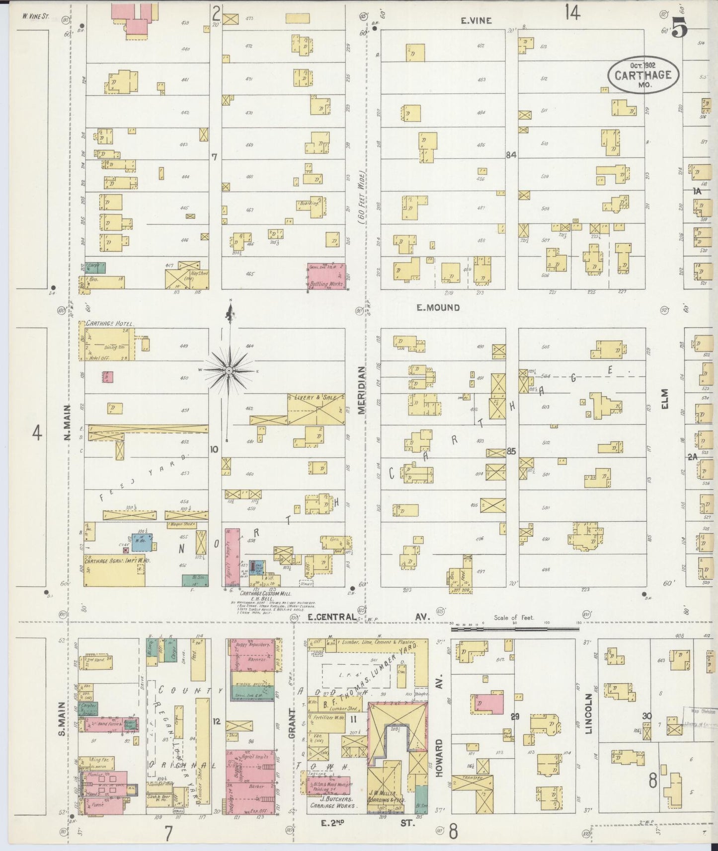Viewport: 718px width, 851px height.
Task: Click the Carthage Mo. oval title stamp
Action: pyautogui.click(x=643, y=75)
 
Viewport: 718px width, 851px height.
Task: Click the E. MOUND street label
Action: pyautogui.click(x=438, y=308)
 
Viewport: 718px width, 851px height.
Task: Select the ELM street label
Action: pyautogui.click(x=665, y=399)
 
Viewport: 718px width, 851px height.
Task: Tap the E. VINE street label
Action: pyautogui.click(x=476, y=20)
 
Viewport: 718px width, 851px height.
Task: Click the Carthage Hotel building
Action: pyautogui.click(x=107, y=340)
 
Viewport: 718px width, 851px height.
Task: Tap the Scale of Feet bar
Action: pyautogui.click(x=515, y=629)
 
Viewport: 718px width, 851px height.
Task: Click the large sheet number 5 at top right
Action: pyautogui.click(x=680, y=28)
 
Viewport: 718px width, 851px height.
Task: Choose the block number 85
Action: pyautogui.click(x=511, y=451)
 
